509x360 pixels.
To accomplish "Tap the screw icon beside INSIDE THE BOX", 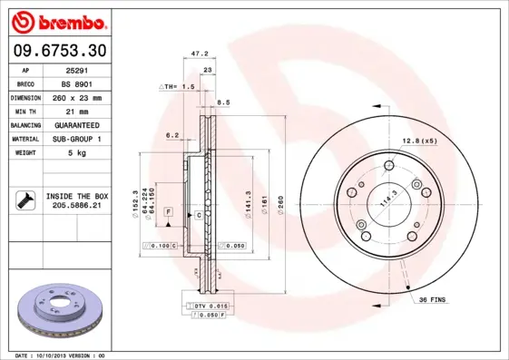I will pyautogui.click(x=26, y=201).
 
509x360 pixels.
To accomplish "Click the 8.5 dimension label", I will pyautogui.click(x=223, y=103).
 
